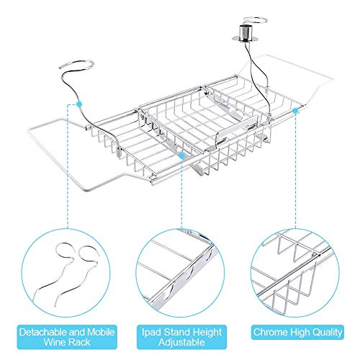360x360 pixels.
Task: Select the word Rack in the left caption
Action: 79,342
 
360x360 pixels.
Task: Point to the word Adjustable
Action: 181,342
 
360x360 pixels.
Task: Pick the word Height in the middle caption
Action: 207,333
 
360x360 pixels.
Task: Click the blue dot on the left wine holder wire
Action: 78,104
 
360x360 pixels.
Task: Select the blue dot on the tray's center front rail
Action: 182,156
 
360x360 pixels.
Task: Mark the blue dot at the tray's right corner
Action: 295,111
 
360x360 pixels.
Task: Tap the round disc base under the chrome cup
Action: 244,38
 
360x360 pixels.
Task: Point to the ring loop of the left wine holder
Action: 76,63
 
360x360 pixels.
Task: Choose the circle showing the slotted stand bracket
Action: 181,273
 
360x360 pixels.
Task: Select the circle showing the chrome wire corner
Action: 295,273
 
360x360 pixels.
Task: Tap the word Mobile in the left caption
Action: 101,332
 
